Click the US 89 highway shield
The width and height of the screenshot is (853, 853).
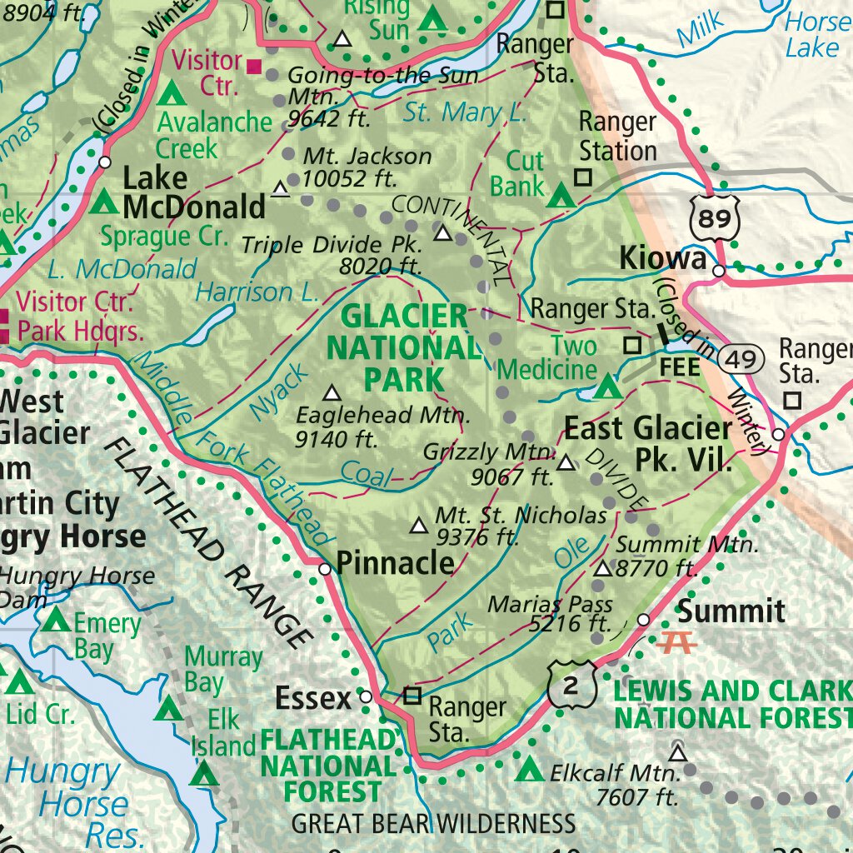pyautogui.click(x=715, y=218)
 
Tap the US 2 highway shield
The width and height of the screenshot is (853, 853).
pyautogui.click(x=573, y=685)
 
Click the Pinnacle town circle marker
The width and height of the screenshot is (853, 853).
pyautogui.click(x=326, y=569)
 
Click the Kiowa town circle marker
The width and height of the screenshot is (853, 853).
pyautogui.click(x=718, y=270)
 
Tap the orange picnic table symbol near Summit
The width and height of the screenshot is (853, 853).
pyautogui.click(x=676, y=642)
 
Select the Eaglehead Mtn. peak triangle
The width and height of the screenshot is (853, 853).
pyautogui.click(x=332, y=392)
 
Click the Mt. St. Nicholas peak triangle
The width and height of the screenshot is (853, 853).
pyautogui.click(x=418, y=526)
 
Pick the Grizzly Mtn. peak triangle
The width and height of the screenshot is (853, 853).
pyautogui.click(x=566, y=462)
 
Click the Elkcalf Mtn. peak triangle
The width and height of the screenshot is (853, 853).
pyautogui.click(x=678, y=754)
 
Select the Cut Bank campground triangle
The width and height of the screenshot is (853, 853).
pyautogui.click(x=561, y=197)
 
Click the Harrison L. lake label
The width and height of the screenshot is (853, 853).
pyautogui.click(x=256, y=292)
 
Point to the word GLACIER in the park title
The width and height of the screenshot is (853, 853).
pyautogui.click(x=405, y=316)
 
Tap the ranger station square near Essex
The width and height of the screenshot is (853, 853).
pyautogui.click(x=412, y=695)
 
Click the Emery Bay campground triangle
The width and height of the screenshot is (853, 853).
pyautogui.click(x=56, y=620)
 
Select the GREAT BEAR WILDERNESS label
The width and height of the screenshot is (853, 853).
pyautogui.click(x=433, y=824)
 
